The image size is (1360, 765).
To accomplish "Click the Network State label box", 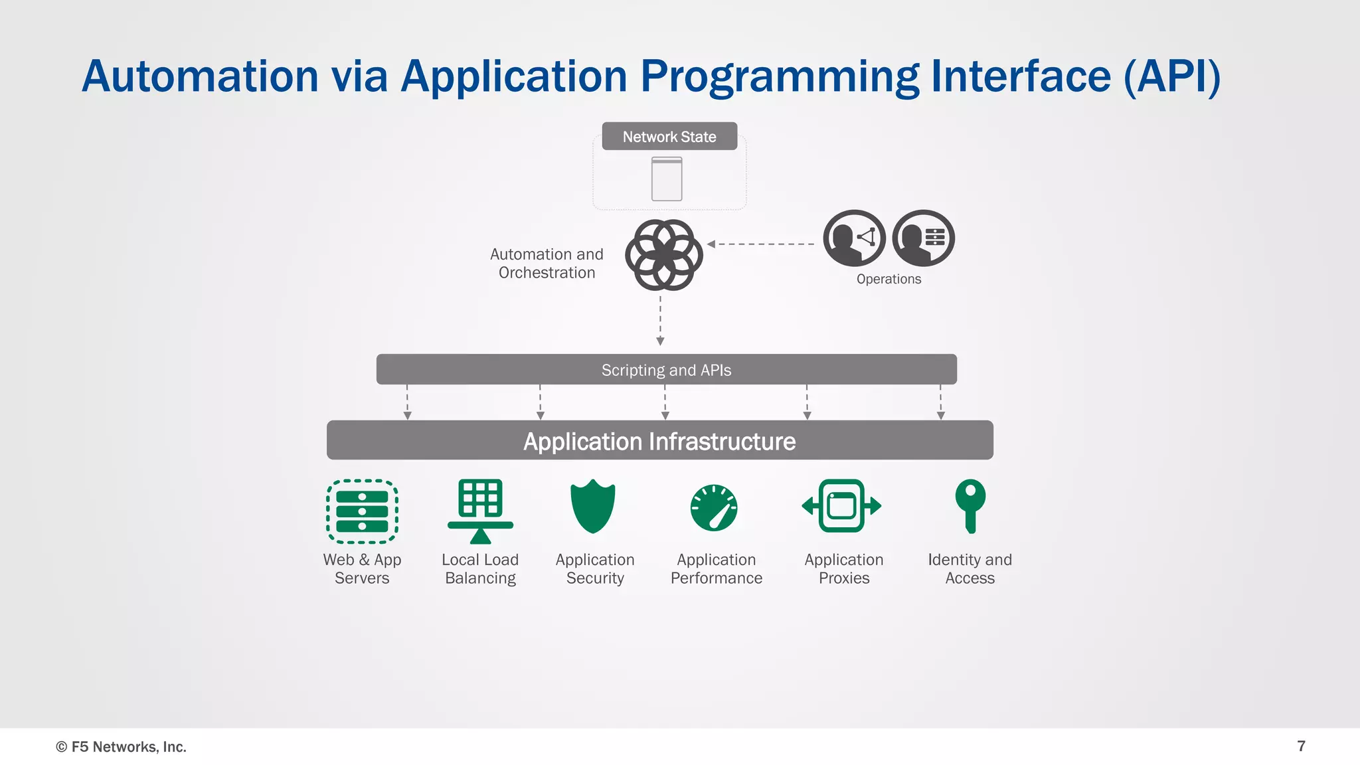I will [669, 136].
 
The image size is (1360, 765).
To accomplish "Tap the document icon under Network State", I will [667, 179].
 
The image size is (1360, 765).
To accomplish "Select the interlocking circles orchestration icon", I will [663, 255].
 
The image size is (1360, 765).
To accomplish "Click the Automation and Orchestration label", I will [547, 263].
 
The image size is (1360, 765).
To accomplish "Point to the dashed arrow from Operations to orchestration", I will [761, 244].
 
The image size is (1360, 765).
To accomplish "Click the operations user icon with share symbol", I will [854, 238].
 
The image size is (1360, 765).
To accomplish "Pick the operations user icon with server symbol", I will [923, 238].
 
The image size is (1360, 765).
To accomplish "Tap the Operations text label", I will [889, 279].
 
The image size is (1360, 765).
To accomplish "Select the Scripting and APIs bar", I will [666, 369].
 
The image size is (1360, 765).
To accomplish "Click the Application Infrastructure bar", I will [659, 440].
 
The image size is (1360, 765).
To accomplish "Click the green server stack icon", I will [362, 511].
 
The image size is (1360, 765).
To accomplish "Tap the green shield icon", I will [593, 506].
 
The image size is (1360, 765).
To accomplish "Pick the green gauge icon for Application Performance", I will [714, 508].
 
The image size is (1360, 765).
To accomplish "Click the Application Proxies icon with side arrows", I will [841, 506].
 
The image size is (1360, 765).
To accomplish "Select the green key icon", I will [970, 505].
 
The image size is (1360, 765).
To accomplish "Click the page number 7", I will [1301, 746].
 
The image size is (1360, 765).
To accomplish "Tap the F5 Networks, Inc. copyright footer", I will [121, 746].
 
